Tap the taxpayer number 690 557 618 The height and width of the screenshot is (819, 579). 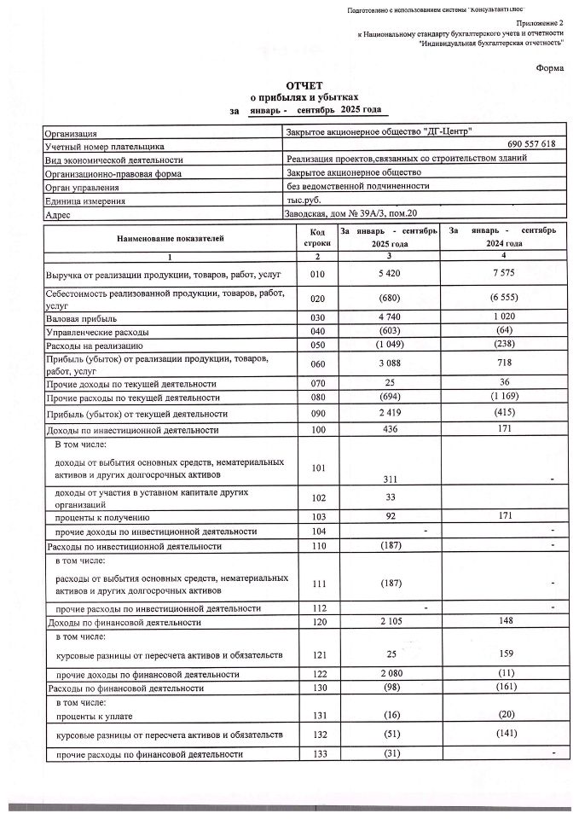click(x=530, y=146)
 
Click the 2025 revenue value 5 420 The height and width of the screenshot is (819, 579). click(x=389, y=275)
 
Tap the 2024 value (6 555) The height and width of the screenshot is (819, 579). click(x=503, y=299)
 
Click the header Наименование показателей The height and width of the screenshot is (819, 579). click(x=170, y=239)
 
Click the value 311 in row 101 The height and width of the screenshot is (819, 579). click(x=389, y=479)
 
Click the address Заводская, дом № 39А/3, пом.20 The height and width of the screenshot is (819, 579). click(x=350, y=214)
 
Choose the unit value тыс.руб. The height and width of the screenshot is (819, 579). click(x=304, y=200)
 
